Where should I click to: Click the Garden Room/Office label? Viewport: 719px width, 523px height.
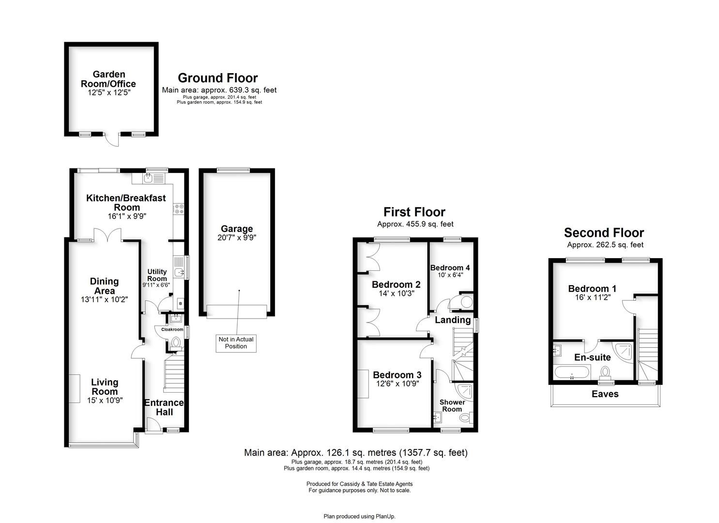coord(108,79)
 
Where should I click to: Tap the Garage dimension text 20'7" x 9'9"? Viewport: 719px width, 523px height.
coord(237,238)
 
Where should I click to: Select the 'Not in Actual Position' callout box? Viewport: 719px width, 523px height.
coord(236,343)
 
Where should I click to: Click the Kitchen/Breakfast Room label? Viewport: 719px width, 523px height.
coord(126,202)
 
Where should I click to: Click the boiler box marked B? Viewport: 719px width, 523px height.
coord(181,304)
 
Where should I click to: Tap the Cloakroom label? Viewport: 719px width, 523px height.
coord(172,329)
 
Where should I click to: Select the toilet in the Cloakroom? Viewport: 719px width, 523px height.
coord(175,343)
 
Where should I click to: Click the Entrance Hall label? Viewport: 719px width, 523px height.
coord(164,407)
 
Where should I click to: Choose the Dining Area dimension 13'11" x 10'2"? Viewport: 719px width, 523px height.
coord(104,300)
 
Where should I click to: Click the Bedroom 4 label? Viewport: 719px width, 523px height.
coord(450,268)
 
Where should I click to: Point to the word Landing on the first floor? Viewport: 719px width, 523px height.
coord(453,320)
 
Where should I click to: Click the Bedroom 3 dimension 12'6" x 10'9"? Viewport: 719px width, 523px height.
coord(397,384)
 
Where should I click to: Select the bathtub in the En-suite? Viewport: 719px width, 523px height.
coord(571,373)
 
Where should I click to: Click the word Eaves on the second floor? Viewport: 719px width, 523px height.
coord(605,394)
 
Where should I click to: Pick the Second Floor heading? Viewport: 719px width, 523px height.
coord(604,233)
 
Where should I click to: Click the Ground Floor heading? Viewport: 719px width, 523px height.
coord(217,78)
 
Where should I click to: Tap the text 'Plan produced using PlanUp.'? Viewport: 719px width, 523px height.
coord(359,517)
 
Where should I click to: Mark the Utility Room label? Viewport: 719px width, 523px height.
coord(157,275)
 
